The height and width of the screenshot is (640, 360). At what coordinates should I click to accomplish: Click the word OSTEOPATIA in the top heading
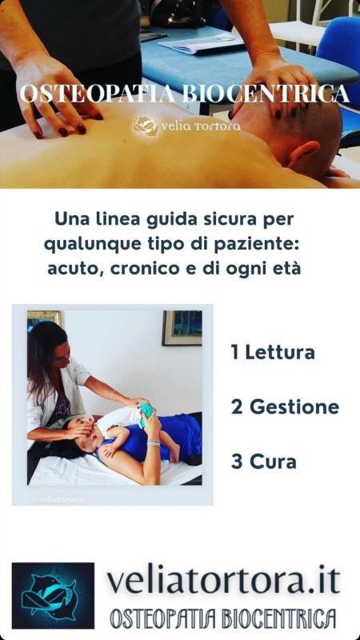(x=98, y=94)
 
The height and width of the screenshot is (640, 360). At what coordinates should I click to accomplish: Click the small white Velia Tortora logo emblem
(x=146, y=126)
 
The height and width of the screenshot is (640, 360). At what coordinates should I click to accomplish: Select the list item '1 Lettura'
(x=273, y=353)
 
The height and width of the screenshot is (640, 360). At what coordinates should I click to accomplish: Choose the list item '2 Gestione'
(x=285, y=407)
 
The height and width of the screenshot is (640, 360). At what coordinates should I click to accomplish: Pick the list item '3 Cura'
(x=264, y=462)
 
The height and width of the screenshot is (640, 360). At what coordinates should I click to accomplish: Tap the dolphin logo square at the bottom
(x=53, y=595)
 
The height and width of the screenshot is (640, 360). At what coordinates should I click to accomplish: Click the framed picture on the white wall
(x=182, y=328)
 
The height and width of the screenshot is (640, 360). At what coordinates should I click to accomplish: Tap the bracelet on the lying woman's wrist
(x=154, y=443)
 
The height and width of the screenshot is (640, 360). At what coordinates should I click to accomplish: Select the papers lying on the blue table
(x=201, y=42)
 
